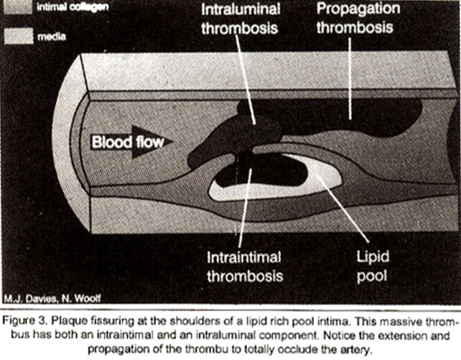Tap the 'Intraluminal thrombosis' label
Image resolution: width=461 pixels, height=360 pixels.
(240, 19)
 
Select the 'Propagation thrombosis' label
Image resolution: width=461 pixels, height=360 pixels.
(357, 18)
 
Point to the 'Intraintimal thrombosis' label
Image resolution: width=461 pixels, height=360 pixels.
(245, 267)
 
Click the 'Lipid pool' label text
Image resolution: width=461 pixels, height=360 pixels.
(372, 266)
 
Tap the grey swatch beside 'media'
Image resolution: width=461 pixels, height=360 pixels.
(18, 36)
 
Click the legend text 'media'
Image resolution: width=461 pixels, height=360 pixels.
(52, 36)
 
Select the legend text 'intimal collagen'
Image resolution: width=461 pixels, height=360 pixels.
(72, 7)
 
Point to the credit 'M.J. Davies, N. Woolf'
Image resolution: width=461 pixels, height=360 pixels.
(52, 298)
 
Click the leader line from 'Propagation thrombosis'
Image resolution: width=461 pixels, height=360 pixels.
(350, 79)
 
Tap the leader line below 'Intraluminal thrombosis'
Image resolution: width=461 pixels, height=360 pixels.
(246, 79)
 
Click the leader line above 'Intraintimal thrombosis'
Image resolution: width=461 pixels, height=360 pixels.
(245, 208)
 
